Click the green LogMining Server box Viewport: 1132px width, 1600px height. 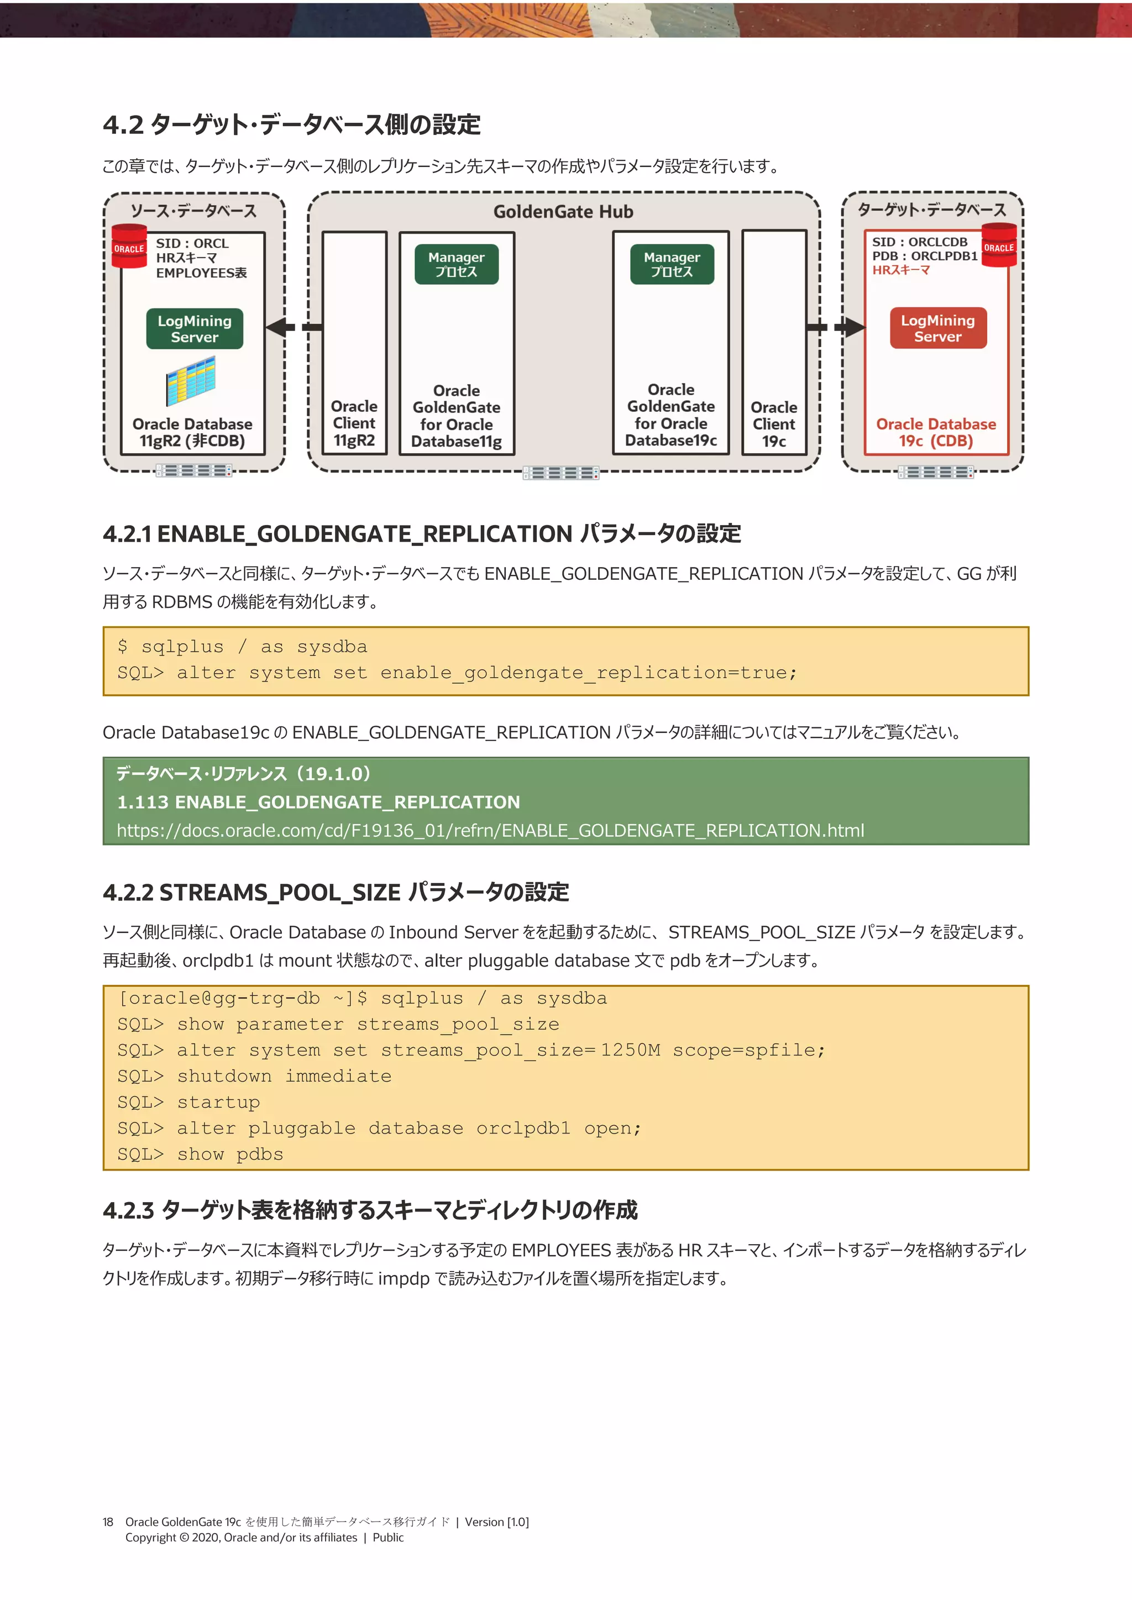(x=195, y=329)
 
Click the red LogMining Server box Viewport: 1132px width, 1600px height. (x=937, y=328)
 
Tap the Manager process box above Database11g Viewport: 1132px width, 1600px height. (x=457, y=264)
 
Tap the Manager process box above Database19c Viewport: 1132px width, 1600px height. (x=672, y=264)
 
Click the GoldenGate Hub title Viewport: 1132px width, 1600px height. (x=563, y=212)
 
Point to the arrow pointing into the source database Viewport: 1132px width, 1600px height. (x=282, y=327)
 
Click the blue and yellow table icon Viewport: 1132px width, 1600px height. (x=190, y=381)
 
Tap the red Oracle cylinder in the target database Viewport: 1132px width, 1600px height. (x=998, y=245)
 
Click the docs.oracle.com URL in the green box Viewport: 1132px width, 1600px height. (x=490, y=831)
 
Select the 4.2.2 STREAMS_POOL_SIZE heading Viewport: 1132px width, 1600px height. (x=336, y=892)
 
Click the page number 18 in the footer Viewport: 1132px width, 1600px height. (x=108, y=1522)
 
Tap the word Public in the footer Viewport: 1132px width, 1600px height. (x=387, y=1538)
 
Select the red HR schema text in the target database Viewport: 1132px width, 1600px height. (x=900, y=270)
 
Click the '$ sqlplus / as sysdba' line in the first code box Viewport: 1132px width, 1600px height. (x=242, y=647)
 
